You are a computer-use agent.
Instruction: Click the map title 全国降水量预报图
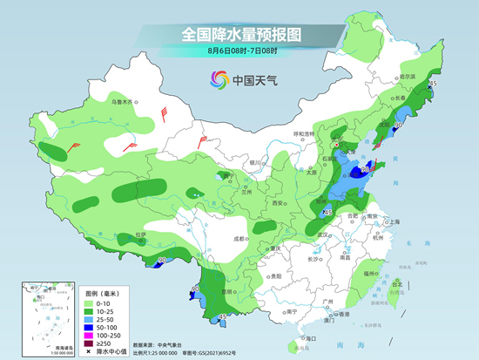point(239,34)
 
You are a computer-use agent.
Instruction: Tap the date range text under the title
point(239,52)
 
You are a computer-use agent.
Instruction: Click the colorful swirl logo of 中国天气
point(217,80)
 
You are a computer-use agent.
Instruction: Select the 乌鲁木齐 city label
point(123,102)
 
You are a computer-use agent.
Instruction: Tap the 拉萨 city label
point(141,236)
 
